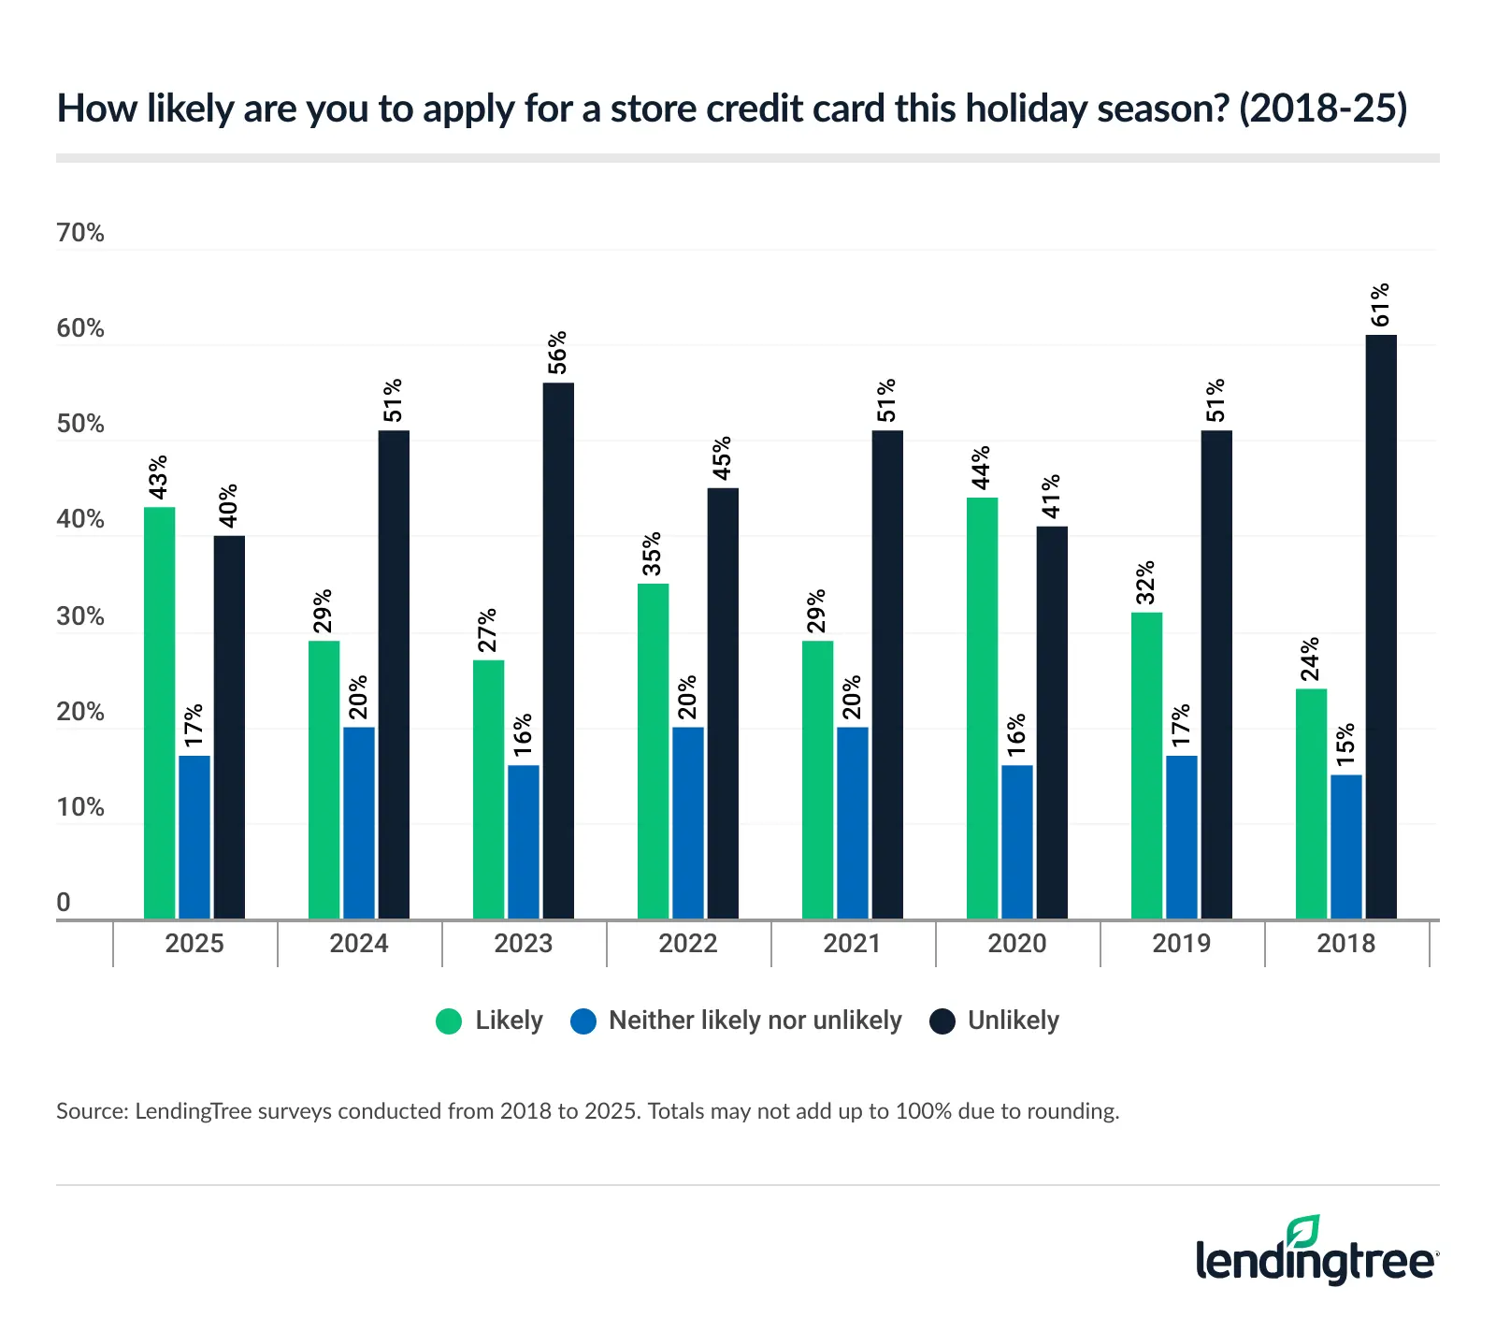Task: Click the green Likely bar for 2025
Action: pos(159,713)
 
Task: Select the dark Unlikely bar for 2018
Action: pos(1381,627)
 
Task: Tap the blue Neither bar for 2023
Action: pos(524,842)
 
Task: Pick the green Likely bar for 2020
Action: pos(982,708)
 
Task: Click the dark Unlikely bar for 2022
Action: pos(723,703)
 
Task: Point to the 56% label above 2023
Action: pos(557,353)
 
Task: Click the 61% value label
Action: pos(1380,305)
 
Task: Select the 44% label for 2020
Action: pos(981,468)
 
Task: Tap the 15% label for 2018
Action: pos(1345,745)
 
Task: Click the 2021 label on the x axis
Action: pos(852,943)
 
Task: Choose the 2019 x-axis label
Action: pos(1181,943)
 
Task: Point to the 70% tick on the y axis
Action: pos(80,233)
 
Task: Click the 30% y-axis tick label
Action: pos(80,616)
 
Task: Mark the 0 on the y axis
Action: pos(64,903)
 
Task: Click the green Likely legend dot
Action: pos(450,1020)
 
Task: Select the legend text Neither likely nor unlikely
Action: pos(755,1020)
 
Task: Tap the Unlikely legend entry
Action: pos(1013,1020)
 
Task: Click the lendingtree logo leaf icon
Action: pos(1302,1231)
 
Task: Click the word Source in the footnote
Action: pos(91,1111)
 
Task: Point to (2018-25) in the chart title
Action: pos(1323,109)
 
